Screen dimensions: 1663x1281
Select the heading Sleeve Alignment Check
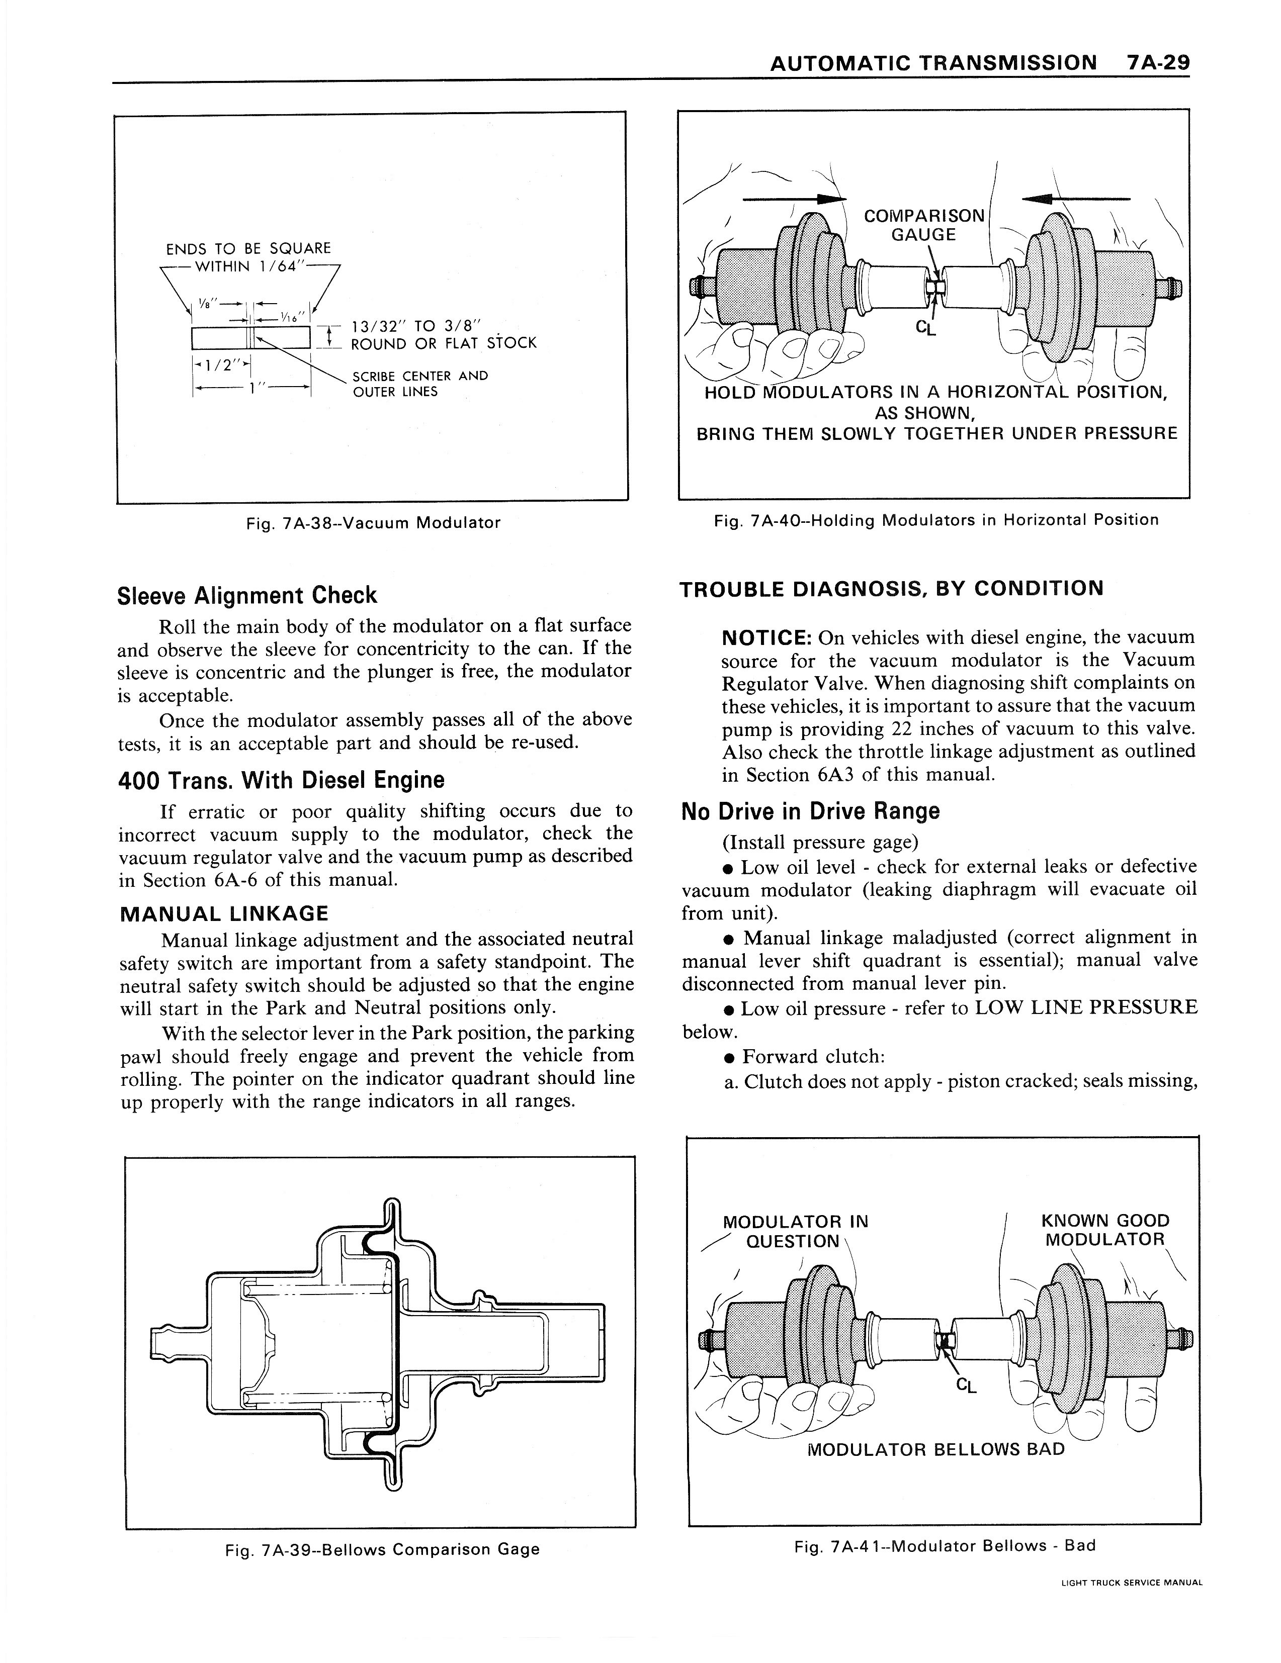(247, 595)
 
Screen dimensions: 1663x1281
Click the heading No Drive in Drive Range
(810, 811)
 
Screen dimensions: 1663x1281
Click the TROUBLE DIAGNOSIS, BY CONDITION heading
(891, 589)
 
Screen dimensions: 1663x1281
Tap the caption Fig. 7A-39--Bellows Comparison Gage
(382, 1549)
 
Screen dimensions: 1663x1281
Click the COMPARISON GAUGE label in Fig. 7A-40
(924, 225)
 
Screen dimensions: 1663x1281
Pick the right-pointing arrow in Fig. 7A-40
(794, 200)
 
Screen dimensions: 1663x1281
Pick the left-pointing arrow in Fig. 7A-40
(1075, 200)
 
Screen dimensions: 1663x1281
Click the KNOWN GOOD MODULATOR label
(1104, 1231)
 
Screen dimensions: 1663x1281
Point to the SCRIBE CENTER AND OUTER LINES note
(419, 384)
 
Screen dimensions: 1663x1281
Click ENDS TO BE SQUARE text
(248, 248)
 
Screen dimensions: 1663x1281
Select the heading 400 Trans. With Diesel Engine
(281, 781)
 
